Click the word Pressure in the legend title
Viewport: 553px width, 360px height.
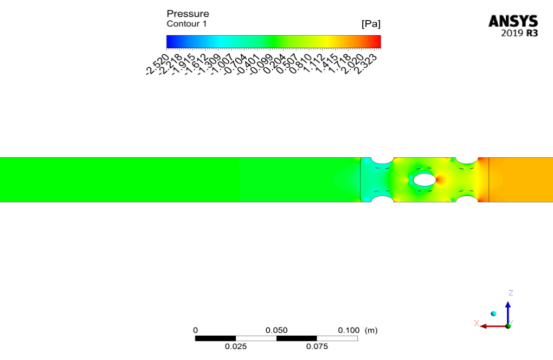click(188, 14)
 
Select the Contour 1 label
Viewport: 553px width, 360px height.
click(187, 24)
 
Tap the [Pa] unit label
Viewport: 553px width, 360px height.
click(371, 24)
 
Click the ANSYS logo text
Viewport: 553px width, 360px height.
click(513, 21)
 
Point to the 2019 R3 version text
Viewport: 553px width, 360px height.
click(519, 33)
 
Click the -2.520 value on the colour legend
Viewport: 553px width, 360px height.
click(158, 65)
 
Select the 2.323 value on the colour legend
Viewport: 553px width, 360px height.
click(365, 65)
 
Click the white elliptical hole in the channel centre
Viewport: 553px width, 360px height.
click(425, 179)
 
